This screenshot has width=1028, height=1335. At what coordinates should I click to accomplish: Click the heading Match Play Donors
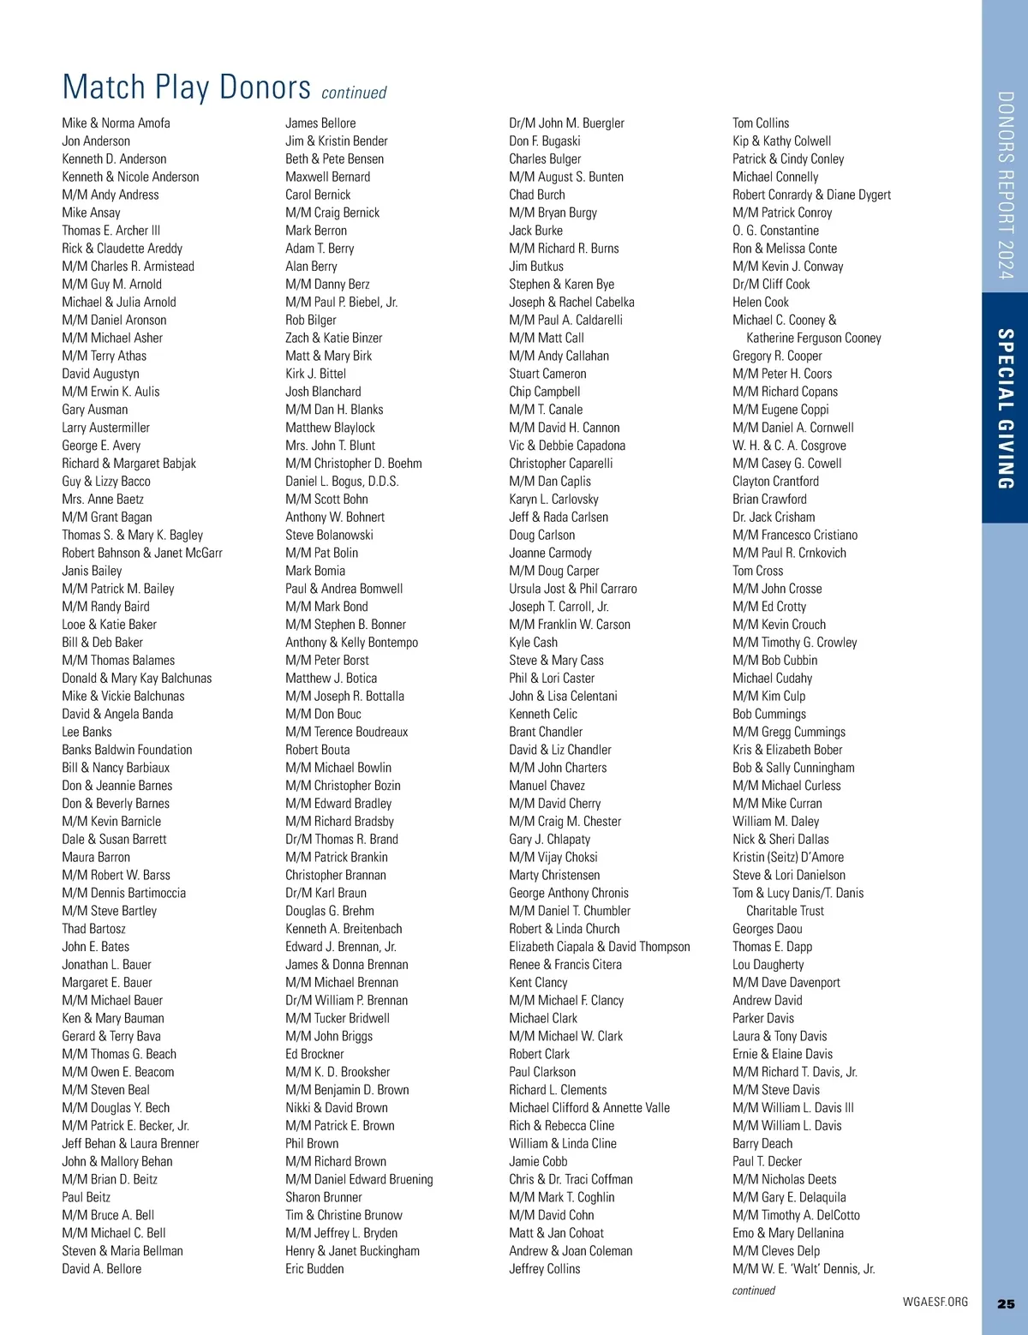tap(186, 87)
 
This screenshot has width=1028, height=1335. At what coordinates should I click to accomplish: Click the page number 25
tap(1006, 1303)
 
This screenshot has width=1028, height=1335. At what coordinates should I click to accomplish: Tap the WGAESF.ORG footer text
tap(935, 1302)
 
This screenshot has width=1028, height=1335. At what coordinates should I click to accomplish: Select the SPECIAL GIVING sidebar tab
tap(1006, 409)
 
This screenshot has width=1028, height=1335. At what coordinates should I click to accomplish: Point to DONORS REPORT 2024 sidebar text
tap(1006, 185)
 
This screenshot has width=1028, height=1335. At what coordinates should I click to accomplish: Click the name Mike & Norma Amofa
tap(116, 123)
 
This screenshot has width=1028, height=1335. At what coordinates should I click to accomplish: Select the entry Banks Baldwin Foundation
tap(127, 750)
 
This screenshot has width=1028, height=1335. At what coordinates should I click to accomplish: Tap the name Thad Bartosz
tap(93, 929)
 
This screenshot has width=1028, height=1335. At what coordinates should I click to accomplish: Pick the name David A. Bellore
tap(101, 1269)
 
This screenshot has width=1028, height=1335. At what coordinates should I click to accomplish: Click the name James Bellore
tap(320, 123)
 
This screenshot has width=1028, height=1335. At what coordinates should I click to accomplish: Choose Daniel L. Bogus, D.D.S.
tap(342, 482)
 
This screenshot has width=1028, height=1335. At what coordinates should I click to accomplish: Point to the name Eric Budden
tap(314, 1269)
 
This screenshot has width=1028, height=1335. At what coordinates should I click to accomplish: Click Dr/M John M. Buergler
tap(566, 123)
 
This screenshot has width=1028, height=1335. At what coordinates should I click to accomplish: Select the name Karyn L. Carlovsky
tap(553, 500)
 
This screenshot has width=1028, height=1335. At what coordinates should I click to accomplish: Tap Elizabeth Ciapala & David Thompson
tap(599, 947)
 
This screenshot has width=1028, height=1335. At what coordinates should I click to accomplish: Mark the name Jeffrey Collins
tap(544, 1269)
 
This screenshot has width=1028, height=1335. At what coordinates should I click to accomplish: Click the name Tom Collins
tap(761, 123)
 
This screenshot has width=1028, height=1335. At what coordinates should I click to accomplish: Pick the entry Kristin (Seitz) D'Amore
tap(787, 857)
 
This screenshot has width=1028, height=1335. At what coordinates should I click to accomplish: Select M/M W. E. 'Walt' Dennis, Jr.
tap(804, 1269)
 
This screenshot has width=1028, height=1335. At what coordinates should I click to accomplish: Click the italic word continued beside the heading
tap(354, 93)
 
